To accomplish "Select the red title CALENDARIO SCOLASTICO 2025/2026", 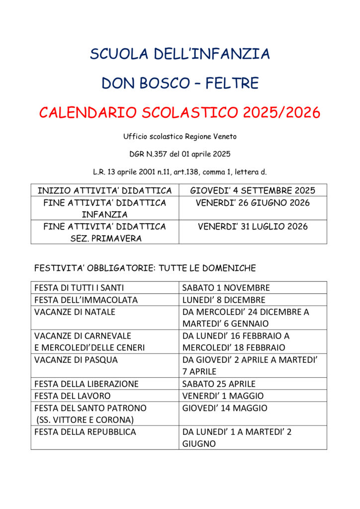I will [180, 113].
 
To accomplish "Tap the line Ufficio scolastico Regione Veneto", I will [180, 136].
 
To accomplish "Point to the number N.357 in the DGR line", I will [157, 154].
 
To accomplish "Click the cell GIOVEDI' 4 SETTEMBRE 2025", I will [253, 190].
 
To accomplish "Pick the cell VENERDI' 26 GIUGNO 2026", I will [253, 203].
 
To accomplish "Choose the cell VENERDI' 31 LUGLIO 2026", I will [253, 227].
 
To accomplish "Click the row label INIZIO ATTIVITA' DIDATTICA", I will [104, 190].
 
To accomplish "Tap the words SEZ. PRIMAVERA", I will [104, 239].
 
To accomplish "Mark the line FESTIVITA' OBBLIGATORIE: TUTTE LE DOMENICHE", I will [145, 268].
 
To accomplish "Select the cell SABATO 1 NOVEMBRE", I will [226, 288].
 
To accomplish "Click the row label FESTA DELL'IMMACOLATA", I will [86, 300].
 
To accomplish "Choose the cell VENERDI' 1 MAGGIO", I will [223, 396].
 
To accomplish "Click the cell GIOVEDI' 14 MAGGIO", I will [224, 408].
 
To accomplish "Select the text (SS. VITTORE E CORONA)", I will [85, 420].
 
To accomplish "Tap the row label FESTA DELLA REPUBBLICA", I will [85, 432].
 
